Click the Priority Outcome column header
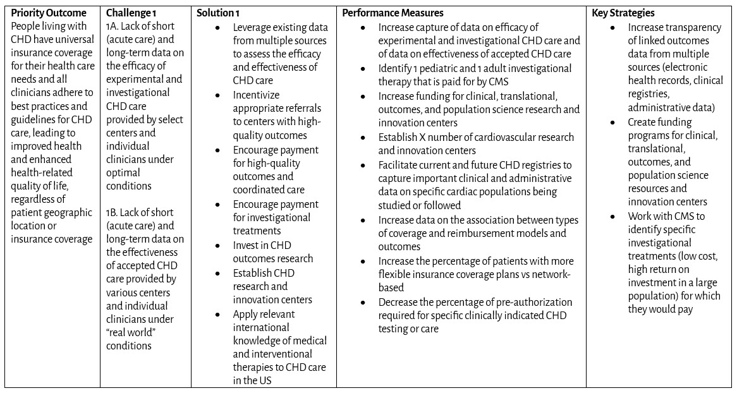click(49, 13)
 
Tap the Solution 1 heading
click(218, 13)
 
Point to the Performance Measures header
click(393, 13)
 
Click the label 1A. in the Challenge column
click(112, 26)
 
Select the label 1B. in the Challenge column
click(112, 212)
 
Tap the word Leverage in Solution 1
click(253, 27)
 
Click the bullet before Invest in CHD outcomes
click(218, 245)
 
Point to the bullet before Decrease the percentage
click(363, 302)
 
